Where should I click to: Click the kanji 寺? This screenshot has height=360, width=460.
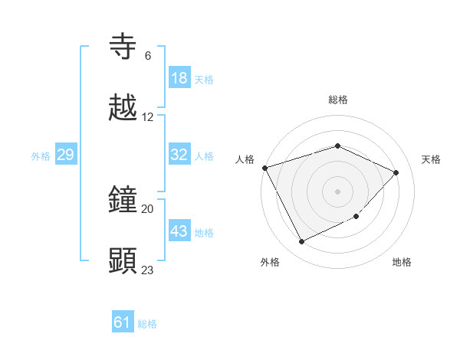point(123,47)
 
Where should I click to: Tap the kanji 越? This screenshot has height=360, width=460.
point(123,108)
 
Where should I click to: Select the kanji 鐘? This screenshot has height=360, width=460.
point(123,200)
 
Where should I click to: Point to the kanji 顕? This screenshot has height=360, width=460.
point(123,260)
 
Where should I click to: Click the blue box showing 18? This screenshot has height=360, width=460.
point(179,78)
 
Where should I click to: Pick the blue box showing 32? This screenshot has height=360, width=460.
point(179,155)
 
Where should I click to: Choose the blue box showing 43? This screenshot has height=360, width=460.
point(179,231)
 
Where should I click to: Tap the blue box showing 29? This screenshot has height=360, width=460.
point(65,155)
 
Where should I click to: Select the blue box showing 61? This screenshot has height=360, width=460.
point(123,322)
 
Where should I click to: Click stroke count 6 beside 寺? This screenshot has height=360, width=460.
point(147,55)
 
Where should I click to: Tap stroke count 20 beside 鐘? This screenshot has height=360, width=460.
point(148,208)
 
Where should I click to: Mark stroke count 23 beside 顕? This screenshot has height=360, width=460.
point(148,269)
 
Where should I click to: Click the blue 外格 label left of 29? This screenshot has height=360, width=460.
point(41,155)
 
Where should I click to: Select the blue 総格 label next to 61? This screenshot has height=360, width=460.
point(147,324)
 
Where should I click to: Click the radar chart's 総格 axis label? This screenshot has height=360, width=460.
point(337,100)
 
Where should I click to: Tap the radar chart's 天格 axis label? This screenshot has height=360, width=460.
point(431,159)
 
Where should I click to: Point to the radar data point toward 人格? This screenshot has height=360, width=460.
point(265,168)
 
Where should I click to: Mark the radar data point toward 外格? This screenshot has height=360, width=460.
point(301,242)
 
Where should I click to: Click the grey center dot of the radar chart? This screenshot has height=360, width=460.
point(337,191)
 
